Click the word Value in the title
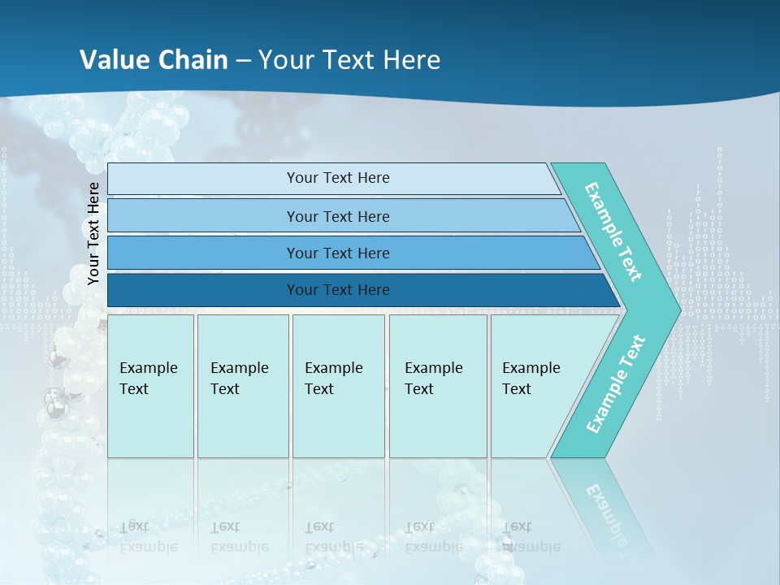[114, 59]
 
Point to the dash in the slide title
[243, 60]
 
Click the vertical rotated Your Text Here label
[93, 234]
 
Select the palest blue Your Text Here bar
[337, 178]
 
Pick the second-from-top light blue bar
[337, 216]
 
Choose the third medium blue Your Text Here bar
[337, 253]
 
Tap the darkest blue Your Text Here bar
[337, 290]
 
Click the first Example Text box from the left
[150, 386]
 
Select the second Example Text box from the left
[242, 386]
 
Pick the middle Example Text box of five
[338, 386]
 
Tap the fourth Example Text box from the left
[437, 386]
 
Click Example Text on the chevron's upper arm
[614, 232]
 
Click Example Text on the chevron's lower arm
[615, 384]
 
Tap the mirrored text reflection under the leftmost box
[149, 537]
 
